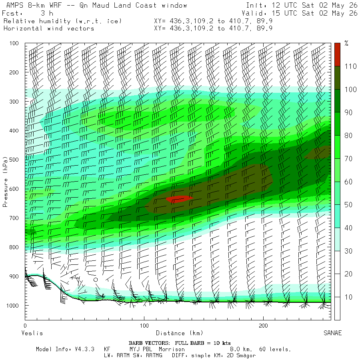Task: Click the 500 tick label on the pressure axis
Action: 14,160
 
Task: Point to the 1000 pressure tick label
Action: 12,305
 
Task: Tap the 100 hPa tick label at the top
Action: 14,43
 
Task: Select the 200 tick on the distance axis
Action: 263,326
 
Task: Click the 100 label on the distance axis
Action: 144,326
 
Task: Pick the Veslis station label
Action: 32,333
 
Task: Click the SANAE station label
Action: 333,333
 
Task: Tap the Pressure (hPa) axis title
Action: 5,182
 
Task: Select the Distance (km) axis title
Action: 180,333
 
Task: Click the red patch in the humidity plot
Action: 179,199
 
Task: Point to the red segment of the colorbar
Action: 337,55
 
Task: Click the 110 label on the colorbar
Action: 350,66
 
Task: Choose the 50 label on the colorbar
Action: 348,205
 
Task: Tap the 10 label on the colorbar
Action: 348,297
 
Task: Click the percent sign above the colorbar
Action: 346,43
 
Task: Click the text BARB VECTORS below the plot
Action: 148,343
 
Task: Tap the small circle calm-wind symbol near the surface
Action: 96,280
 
